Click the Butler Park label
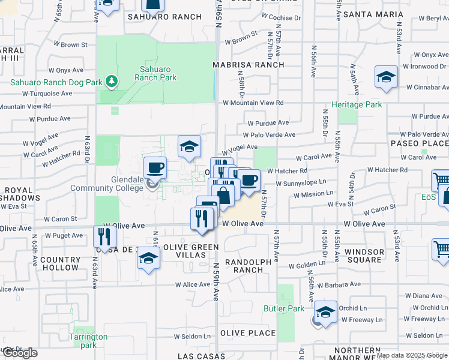[285, 308]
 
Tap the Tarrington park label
[88, 341]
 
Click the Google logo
[20, 353]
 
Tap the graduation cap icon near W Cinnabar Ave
[387, 77]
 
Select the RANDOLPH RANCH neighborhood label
[244, 266]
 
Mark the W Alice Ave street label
[193, 285]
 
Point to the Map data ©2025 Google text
[412, 355]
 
